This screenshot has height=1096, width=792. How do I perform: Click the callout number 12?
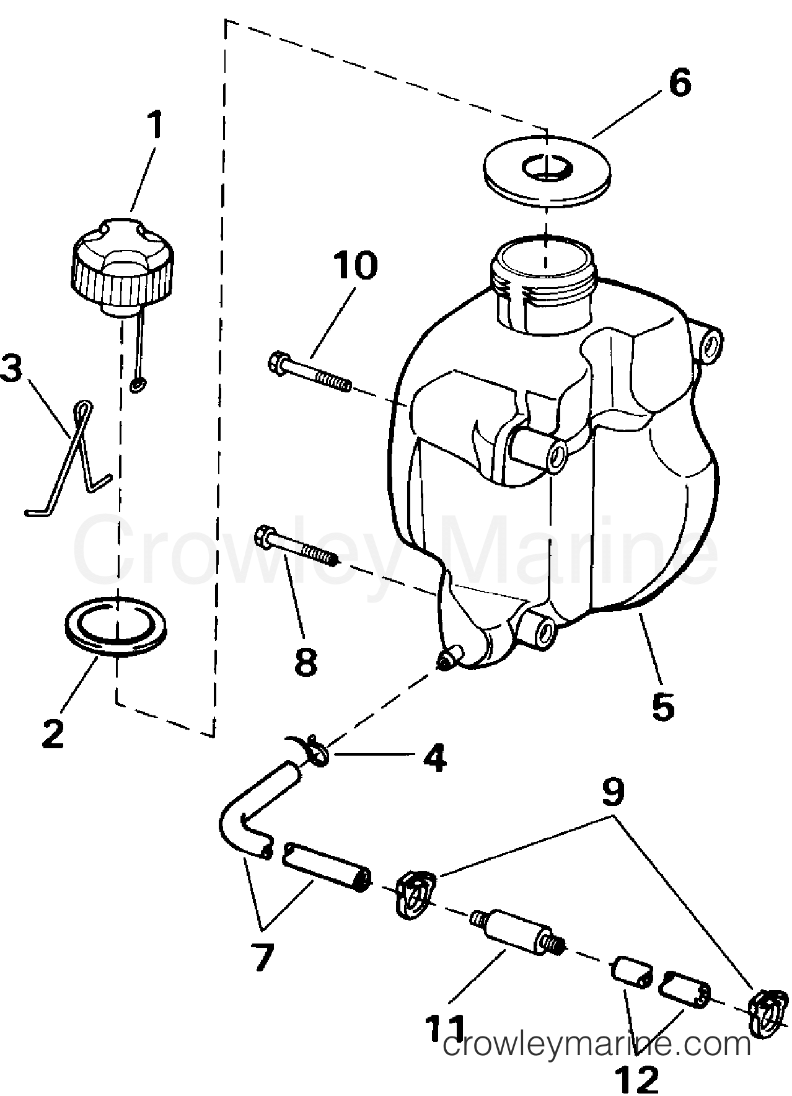[x=638, y=1081]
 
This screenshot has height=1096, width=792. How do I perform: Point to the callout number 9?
[x=612, y=793]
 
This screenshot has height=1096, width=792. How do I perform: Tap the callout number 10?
[x=356, y=265]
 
